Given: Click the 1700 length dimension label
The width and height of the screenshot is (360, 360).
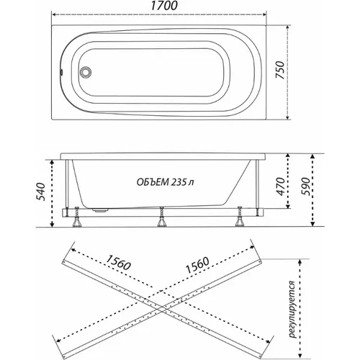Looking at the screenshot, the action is pos(164,6).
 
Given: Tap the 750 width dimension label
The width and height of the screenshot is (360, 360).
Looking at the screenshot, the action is pos(280,70).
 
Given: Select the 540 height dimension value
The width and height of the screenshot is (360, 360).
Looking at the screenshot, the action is pos(40,192).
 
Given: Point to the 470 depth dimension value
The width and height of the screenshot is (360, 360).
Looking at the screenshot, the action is pos(280,186).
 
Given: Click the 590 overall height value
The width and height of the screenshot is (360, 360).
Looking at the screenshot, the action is pos(305,186).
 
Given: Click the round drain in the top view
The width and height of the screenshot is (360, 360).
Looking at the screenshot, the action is pos(86,72).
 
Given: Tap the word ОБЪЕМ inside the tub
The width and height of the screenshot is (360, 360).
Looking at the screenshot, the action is pos(153,182).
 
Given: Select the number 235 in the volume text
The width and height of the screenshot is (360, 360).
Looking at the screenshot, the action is pos(179,182).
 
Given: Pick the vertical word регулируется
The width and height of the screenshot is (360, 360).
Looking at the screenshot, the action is pos(292,309).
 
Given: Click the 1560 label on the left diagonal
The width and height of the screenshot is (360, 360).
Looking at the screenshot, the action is pos(118,262).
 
